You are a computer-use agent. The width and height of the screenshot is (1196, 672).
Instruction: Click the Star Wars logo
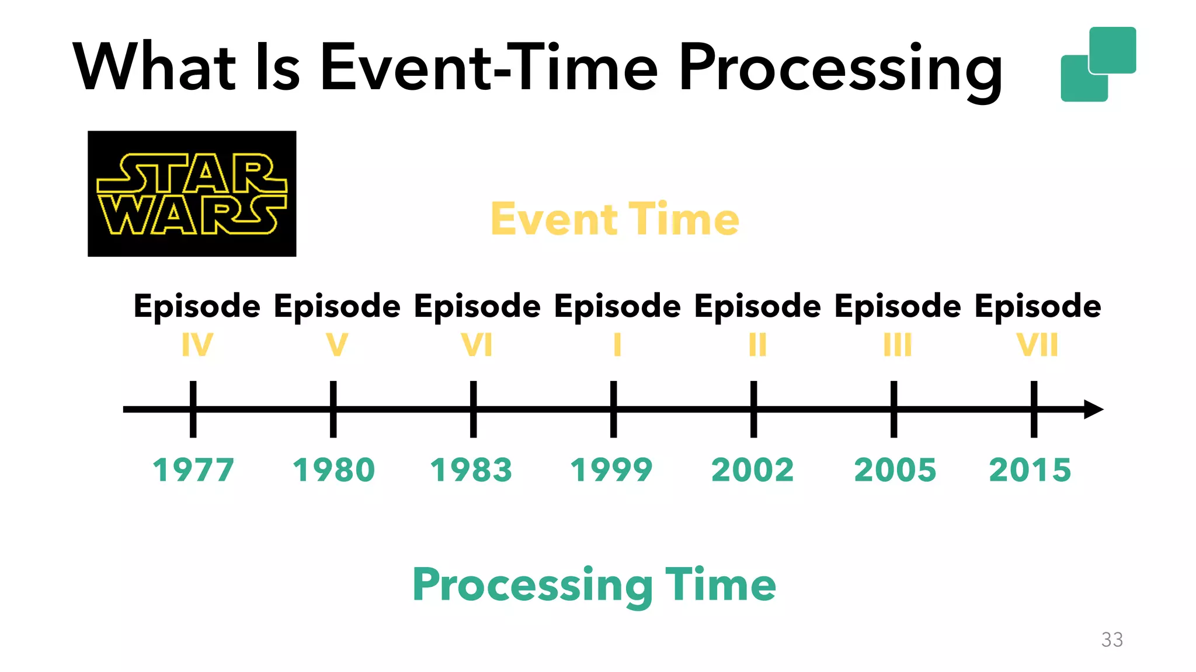click(x=192, y=194)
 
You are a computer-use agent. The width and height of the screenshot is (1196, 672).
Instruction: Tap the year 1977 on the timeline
click(x=193, y=470)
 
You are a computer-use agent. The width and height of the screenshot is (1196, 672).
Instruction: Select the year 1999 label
click(x=611, y=470)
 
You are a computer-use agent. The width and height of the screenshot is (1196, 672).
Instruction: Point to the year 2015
click(x=1030, y=470)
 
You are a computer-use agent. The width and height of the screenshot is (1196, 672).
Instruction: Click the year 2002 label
click(x=753, y=470)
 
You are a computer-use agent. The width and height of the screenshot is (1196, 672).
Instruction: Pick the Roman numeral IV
click(x=197, y=345)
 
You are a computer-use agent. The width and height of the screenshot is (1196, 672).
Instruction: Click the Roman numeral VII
click(x=1037, y=345)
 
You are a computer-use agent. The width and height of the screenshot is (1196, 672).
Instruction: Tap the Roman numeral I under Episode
click(x=617, y=345)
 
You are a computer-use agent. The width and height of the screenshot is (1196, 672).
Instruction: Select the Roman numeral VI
click(x=477, y=345)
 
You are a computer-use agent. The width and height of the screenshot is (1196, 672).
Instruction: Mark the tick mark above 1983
click(x=473, y=409)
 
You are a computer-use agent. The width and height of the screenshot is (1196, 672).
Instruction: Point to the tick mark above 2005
click(x=893, y=409)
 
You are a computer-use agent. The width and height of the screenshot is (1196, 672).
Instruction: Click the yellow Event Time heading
click(x=615, y=219)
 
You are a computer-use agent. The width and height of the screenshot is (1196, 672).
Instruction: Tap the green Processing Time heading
click(x=594, y=585)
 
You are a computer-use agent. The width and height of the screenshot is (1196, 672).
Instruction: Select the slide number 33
click(x=1112, y=640)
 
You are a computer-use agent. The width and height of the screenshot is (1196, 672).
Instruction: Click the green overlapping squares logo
click(x=1098, y=64)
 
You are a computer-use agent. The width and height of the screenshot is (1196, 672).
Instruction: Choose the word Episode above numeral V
click(x=337, y=307)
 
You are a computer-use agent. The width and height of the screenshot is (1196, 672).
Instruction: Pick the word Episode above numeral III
click(x=898, y=307)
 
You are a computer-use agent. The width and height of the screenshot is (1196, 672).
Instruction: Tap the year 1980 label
click(x=333, y=470)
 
